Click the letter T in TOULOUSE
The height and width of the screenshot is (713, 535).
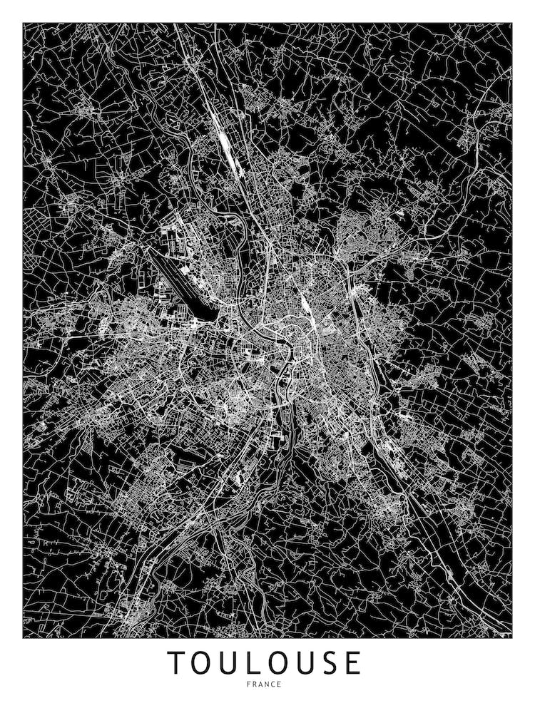[176, 662]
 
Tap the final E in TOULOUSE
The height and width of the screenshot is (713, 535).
[352, 662]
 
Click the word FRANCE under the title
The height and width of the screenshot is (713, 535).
[265, 684]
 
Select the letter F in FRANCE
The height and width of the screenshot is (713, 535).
[251, 684]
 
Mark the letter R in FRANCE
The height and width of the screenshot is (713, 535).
[257, 684]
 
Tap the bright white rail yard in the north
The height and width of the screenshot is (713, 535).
[225, 145]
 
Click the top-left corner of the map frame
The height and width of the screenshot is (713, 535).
[24, 24]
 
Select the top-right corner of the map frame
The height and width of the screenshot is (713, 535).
[511, 24]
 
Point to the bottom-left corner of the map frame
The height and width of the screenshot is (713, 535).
[24, 637]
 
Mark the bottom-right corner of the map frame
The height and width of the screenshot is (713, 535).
[511, 637]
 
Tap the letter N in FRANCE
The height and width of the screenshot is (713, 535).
[268, 684]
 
